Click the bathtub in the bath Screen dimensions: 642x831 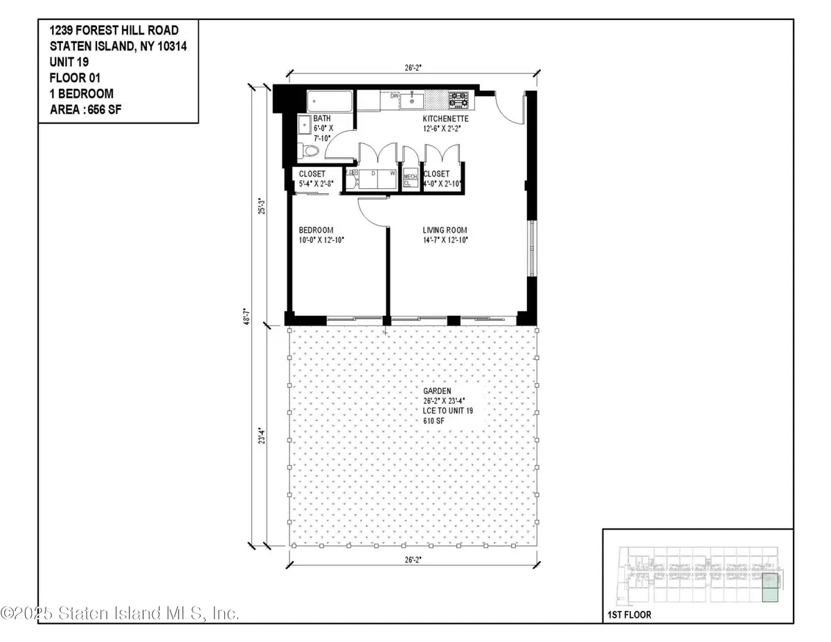[329, 100]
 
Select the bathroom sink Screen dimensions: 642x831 [304, 126]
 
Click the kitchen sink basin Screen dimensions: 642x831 [415, 101]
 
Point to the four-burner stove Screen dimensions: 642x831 [458, 100]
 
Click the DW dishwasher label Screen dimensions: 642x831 [394, 96]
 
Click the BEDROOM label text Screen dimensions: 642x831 [316, 230]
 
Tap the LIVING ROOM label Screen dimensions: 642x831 [445, 230]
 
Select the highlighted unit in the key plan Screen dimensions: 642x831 [770, 588]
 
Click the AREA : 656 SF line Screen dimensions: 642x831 [90, 109]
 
